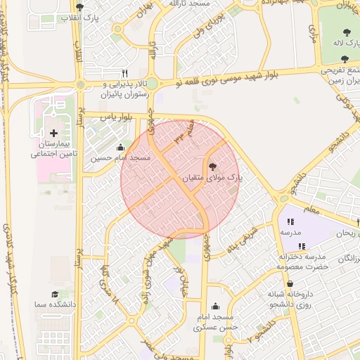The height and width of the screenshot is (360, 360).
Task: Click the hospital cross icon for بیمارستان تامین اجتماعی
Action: point(53,132)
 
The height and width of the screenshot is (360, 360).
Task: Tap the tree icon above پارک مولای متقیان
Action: point(212,167)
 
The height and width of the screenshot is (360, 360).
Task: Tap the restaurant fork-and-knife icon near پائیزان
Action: point(125,72)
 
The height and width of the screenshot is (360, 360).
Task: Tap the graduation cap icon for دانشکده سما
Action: point(54,294)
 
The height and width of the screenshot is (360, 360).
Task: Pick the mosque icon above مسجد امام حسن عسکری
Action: point(215,306)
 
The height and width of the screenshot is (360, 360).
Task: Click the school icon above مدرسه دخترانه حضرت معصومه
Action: point(302,246)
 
